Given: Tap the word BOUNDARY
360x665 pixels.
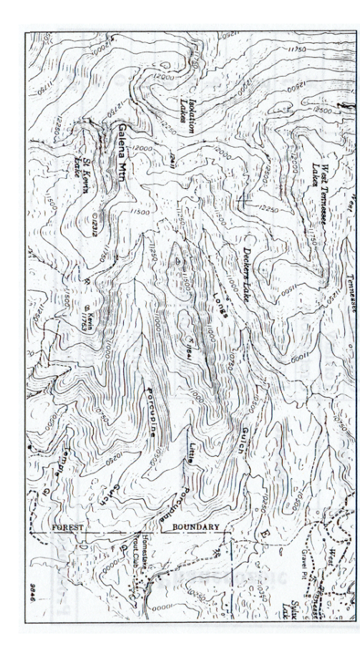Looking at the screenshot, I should (196, 528).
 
